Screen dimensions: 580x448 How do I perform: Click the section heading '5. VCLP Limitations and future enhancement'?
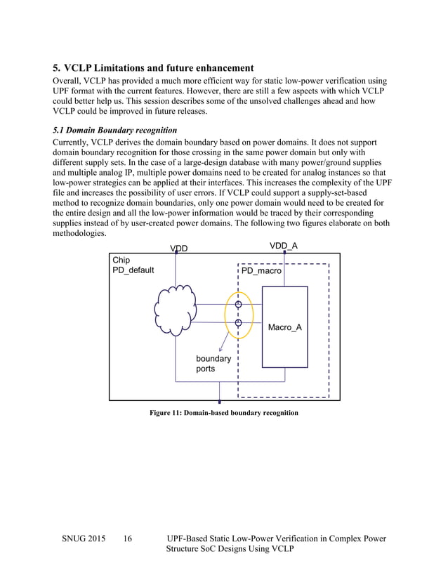click(x=153, y=68)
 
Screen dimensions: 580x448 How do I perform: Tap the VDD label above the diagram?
click(x=179, y=248)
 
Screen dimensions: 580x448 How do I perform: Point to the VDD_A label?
click(x=284, y=245)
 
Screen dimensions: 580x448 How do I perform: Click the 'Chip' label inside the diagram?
click(x=121, y=260)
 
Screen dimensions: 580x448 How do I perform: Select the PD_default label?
click(x=133, y=270)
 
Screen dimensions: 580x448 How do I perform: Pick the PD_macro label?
click(x=261, y=270)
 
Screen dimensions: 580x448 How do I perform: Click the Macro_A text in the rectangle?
click(x=285, y=328)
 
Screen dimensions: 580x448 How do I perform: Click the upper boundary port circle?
click(x=239, y=304)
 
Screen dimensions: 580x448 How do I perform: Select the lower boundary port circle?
click(x=239, y=323)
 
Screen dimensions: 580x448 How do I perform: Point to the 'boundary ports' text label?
click(x=213, y=363)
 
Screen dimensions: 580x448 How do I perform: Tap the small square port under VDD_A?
click(x=284, y=252)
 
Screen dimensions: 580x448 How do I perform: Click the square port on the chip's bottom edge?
click(x=220, y=402)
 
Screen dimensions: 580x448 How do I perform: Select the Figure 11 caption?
click(x=223, y=413)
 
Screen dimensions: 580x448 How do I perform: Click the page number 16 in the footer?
click(x=128, y=539)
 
